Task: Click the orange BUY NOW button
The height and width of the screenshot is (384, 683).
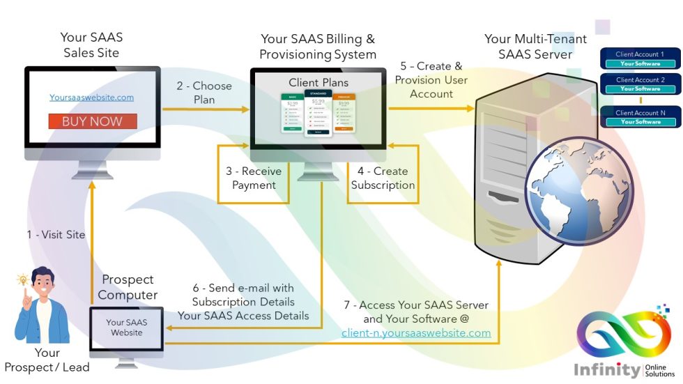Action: coord(92,121)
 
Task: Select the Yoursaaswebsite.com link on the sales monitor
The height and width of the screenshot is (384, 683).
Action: coord(91,98)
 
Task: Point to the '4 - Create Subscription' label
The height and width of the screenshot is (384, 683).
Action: coord(383,178)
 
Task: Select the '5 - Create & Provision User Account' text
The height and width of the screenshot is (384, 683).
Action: coord(431,80)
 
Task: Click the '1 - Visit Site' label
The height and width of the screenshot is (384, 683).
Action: coord(56,235)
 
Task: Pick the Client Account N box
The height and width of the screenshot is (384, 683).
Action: coord(640,117)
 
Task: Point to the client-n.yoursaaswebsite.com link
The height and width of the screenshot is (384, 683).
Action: coord(416,333)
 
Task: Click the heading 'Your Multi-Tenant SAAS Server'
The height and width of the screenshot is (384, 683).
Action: coord(535,46)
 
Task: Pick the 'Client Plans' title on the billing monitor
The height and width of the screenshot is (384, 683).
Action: coord(319,82)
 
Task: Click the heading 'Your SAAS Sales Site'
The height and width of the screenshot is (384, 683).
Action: coord(91,45)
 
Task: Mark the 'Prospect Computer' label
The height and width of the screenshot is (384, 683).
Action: coord(128,286)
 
